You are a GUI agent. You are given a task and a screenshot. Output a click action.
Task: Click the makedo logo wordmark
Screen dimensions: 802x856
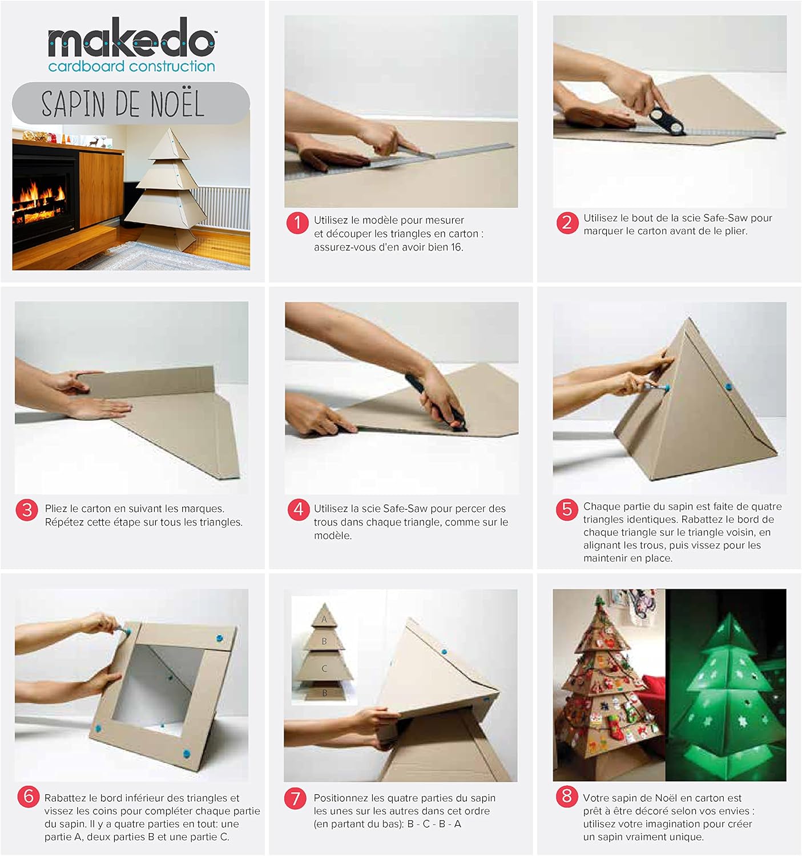click(x=131, y=38)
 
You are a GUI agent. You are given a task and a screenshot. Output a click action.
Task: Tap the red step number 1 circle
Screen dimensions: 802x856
click(x=297, y=223)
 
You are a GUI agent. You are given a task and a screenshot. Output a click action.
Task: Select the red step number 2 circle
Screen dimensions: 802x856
click(x=567, y=223)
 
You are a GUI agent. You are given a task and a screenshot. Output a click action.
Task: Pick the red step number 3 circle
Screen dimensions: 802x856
click(x=27, y=510)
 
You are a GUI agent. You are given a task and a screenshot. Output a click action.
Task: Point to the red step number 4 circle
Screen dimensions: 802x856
click(x=299, y=510)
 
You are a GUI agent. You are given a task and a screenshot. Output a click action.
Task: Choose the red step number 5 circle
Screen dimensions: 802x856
click(x=567, y=510)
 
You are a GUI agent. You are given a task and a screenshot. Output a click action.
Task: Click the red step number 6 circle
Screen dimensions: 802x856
click(x=29, y=797)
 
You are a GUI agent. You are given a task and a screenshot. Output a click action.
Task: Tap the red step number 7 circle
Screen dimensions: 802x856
click(x=295, y=798)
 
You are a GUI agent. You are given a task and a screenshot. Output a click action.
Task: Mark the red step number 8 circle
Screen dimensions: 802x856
click(x=567, y=797)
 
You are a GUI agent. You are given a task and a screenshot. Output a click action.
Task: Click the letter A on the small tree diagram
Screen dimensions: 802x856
click(x=324, y=619)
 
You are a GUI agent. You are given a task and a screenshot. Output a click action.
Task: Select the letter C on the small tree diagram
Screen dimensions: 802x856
click(x=324, y=668)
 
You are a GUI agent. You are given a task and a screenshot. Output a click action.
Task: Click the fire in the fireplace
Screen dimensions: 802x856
click(x=39, y=203)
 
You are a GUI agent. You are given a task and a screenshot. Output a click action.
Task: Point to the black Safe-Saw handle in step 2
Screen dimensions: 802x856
click(x=666, y=120)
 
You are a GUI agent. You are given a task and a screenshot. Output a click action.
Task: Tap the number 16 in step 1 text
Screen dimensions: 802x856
click(x=456, y=248)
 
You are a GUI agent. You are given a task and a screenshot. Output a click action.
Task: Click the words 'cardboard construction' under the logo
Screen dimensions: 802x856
click(x=131, y=66)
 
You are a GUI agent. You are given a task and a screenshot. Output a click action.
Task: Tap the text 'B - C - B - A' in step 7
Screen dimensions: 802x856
click(x=434, y=824)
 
